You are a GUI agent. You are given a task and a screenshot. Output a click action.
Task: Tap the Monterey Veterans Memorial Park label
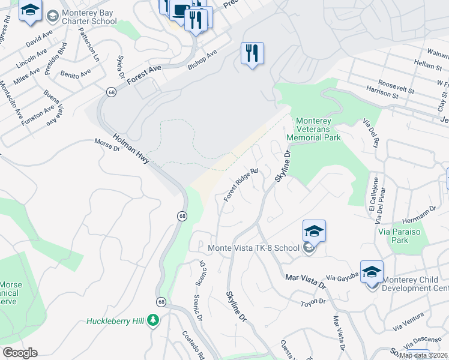(x=318, y=129)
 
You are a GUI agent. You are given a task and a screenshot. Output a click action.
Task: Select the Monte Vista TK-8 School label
(x=253, y=248)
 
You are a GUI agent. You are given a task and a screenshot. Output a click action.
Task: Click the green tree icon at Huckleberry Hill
(x=154, y=320)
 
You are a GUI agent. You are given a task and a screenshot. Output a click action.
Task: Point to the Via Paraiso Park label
(x=393, y=236)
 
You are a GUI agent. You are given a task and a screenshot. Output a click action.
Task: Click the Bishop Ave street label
(x=202, y=59)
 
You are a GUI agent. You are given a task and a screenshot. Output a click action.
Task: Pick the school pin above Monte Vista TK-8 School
(x=314, y=231)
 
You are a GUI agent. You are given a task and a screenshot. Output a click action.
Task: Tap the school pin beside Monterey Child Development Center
(x=372, y=272)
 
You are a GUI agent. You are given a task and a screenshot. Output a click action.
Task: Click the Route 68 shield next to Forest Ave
(x=112, y=92)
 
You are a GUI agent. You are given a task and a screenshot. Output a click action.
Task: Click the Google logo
(x=20, y=353)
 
